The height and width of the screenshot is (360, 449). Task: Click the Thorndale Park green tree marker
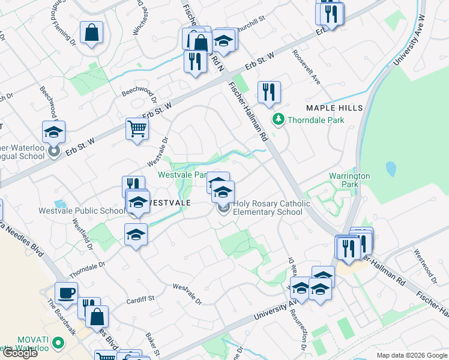tap(278, 120)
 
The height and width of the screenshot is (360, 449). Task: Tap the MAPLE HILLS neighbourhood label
tap(334, 107)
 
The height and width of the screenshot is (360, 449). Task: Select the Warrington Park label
tap(349, 180)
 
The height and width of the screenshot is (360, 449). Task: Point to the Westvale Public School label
tap(82, 211)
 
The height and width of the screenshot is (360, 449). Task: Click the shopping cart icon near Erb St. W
tap(137, 128)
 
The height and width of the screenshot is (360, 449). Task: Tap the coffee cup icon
tap(66, 293)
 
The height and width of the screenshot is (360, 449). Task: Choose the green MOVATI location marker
tap(58, 343)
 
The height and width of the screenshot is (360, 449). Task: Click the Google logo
tap(20, 353)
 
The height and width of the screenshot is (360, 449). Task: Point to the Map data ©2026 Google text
tap(412, 355)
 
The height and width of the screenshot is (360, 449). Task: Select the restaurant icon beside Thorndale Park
tap(269, 92)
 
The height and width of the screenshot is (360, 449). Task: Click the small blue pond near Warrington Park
tap(391, 169)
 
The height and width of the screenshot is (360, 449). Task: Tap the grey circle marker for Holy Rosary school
tap(224, 208)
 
